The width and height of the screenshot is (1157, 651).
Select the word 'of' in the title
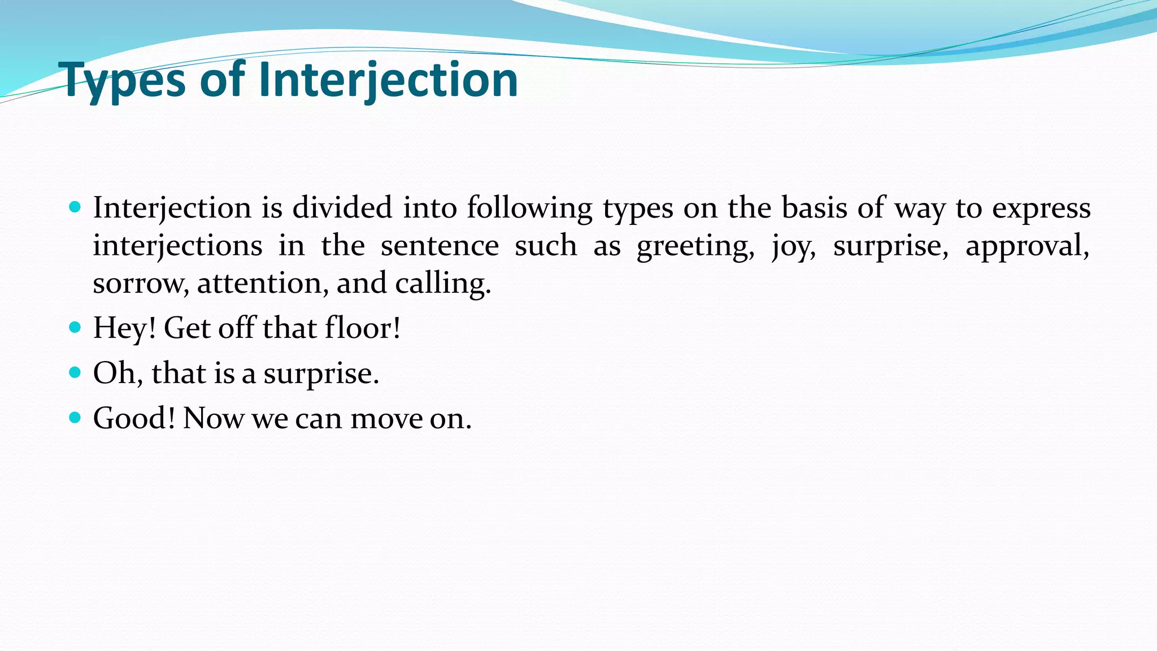coord(222,80)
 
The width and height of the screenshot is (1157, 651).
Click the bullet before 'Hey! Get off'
coord(75,327)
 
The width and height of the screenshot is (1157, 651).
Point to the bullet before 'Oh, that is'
coord(75,372)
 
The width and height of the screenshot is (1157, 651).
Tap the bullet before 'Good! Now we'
coord(75,418)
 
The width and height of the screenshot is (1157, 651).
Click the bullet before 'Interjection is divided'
coord(75,207)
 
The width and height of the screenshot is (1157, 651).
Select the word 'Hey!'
coord(124,328)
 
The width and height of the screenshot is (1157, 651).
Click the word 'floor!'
coord(363,328)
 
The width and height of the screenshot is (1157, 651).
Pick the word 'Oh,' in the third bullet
coord(118,373)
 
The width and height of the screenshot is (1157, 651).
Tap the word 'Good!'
coord(134,418)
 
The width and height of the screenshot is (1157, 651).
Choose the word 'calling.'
coord(443,283)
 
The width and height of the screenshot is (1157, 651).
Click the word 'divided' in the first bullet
coord(342,207)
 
